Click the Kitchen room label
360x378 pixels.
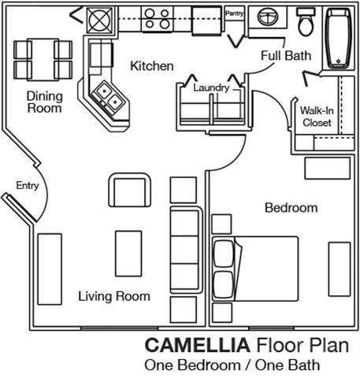coord(152,65)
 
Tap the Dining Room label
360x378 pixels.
coord(44,102)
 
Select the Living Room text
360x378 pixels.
coord(113,296)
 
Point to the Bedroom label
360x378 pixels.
coord(291,208)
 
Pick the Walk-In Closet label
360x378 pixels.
coord(317,117)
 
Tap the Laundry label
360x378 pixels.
coord(212,88)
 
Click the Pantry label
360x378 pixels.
coord(235,13)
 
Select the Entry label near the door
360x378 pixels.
coord(27,186)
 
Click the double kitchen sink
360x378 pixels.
coord(108,97)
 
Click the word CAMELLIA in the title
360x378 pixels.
coord(196,345)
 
